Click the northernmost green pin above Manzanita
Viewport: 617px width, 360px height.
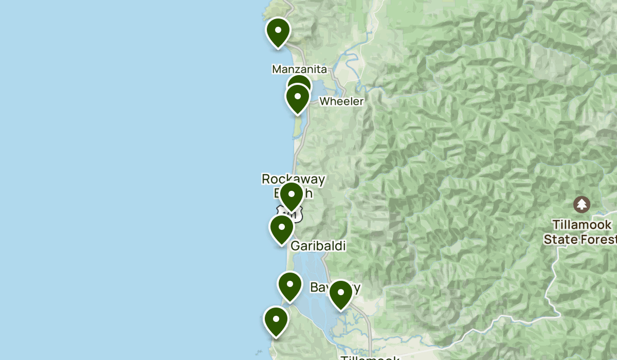(x=278, y=32)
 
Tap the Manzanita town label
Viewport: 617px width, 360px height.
(x=299, y=69)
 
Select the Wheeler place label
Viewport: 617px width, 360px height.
(x=341, y=101)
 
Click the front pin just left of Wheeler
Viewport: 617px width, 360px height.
(x=298, y=98)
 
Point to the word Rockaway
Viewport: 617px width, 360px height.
(x=293, y=179)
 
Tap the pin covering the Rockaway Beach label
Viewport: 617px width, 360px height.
(x=292, y=196)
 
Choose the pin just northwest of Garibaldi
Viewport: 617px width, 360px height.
(x=282, y=229)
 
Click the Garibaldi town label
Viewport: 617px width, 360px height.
(x=318, y=246)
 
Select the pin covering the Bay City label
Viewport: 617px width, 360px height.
(x=340, y=294)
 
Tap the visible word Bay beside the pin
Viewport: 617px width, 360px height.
(x=319, y=287)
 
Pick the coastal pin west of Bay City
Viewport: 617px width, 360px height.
(x=289, y=286)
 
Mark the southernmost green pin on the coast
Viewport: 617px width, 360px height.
(x=276, y=321)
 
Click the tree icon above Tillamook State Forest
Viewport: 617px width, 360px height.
(x=582, y=204)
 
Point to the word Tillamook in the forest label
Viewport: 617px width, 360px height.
(x=582, y=225)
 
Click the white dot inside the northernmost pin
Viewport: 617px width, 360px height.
(x=278, y=29)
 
